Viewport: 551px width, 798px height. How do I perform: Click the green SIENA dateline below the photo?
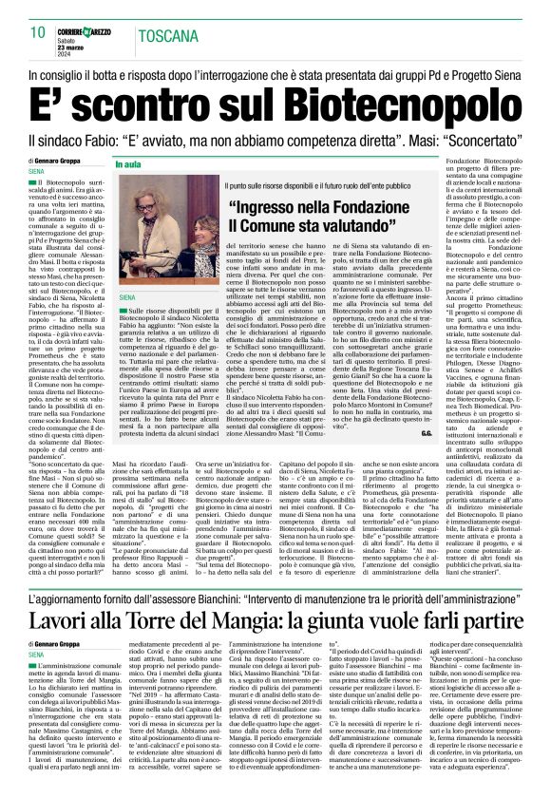point(128,297)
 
